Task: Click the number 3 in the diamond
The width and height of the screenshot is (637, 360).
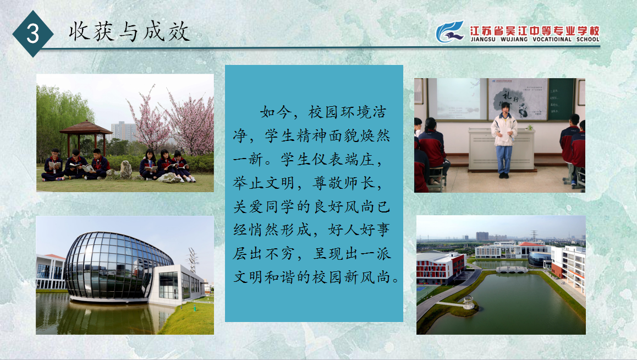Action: pyautogui.click(x=32, y=33)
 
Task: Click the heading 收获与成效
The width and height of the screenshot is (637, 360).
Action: pyautogui.click(x=129, y=31)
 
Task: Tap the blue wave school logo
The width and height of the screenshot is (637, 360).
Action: pyautogui.click(x=450, y=32)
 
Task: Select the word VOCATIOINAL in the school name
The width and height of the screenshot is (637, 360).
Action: pyautogui.click(x=552, y=40)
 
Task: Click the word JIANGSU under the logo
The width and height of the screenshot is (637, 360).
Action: pyautogui.click(x=483, y=40)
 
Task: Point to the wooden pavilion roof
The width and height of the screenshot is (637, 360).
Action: pyautogui.click(x=86, y=128)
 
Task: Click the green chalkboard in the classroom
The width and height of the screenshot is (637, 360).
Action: pyautogui.click(x=561, y=99)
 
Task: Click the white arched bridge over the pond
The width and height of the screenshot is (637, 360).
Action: pyautogui.click(x=512, y=269)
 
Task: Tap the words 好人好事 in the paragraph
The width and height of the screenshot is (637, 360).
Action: pyautogui.click(x=359, y=230)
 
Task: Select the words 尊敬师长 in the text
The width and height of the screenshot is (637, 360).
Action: pyautogui.click(x=343, y=183)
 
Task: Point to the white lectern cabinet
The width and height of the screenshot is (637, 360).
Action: pyautogui.click(x=501, y=148)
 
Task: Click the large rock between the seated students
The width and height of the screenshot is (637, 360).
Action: pyautogui.click(x=125, y=170)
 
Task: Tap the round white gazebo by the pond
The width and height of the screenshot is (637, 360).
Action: pyautogui.click(x=469, y=302)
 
